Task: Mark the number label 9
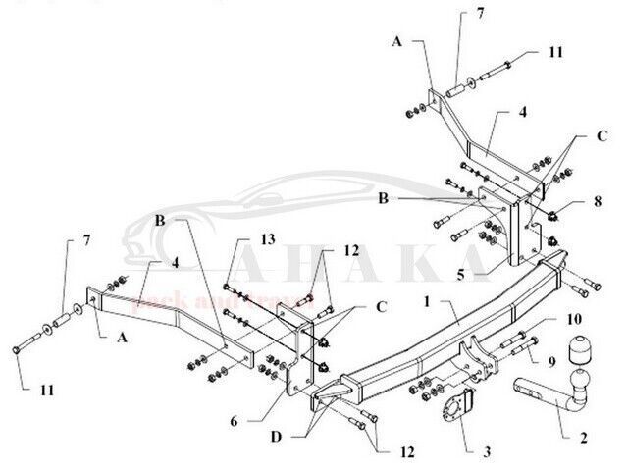click(x=550, y=361)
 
